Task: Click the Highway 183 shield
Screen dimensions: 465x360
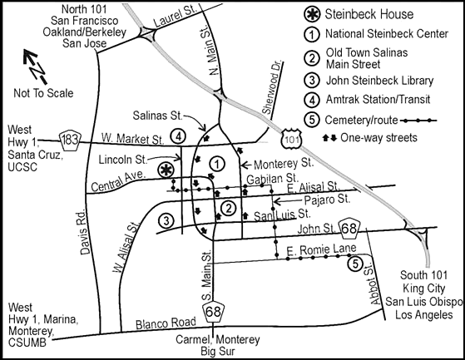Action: point(70,140)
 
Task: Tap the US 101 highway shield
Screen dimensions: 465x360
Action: point(291,139)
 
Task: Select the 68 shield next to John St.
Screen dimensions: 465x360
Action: point(349,229)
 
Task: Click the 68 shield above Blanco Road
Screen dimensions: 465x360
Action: point(213,313)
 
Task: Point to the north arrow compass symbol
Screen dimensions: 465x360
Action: point(35,66)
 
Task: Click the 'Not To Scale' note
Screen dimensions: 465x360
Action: point(43,93)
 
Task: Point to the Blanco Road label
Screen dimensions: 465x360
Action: point(166,323)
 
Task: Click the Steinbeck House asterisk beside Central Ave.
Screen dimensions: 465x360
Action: point(166,170)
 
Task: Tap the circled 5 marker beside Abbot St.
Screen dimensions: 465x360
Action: point(355,264)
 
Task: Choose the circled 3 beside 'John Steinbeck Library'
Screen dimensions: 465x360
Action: point(312,81)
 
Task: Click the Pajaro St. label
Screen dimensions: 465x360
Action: point(327,200)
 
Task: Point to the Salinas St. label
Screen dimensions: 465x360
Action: point(157,116)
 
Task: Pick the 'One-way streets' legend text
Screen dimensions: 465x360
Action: point(378,138)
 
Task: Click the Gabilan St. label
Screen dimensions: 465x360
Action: point(272,179)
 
